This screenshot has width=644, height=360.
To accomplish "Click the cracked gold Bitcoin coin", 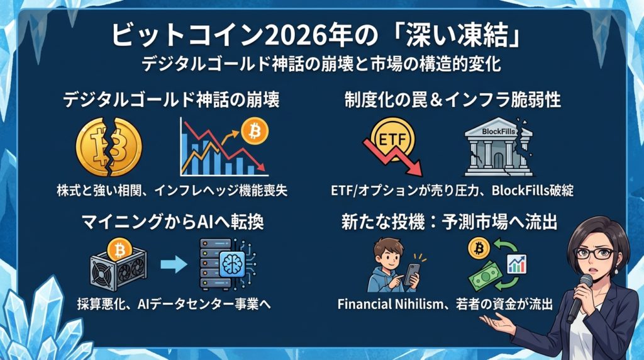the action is [x=109, y=147].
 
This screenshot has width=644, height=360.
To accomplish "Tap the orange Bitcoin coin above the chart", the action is [x=255, y=132].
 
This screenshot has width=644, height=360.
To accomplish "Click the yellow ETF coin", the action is [x=392, y=139].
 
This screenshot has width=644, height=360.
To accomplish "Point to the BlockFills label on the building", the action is [x=498, y=132].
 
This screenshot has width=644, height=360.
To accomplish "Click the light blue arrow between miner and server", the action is [x=174, y=265].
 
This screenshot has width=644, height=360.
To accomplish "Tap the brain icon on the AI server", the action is [x=232, y=264].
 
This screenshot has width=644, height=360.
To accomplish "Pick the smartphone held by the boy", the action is [x=412, y=274].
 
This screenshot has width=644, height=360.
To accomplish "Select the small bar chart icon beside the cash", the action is [x=517, y=264].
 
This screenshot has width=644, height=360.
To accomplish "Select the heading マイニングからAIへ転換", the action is [x=172, y=222].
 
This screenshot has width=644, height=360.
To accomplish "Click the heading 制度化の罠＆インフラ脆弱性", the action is [x=453, y=100].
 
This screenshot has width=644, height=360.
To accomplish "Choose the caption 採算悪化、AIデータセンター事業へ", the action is [x=174, y=304].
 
